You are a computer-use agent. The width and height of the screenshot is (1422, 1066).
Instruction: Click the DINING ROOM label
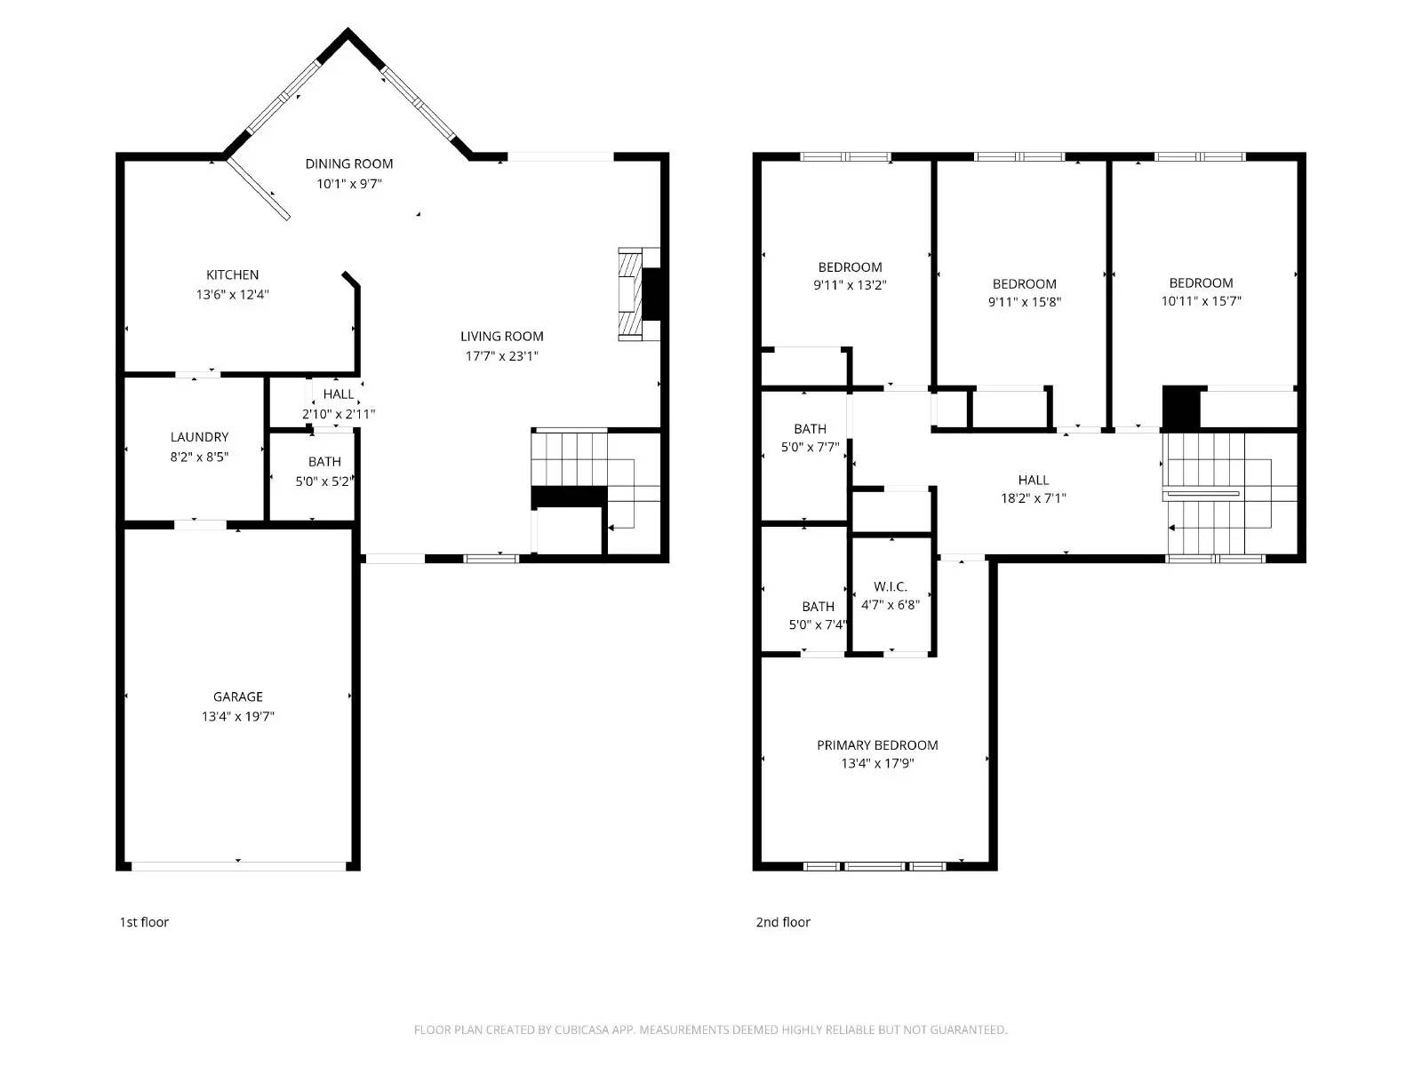[348, 163]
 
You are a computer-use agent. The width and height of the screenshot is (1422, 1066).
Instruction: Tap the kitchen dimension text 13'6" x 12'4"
[232, 294]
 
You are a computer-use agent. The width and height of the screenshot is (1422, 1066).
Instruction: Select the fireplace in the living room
[638, 294]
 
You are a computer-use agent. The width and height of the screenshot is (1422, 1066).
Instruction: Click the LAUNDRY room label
[199, 437]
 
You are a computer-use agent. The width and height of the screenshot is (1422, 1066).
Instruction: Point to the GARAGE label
[237, 696]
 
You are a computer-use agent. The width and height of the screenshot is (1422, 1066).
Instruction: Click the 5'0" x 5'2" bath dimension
[324, 481]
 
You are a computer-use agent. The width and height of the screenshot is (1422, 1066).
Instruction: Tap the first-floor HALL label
[339, 394]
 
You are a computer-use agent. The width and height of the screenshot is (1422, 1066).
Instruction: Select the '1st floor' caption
[144, 922]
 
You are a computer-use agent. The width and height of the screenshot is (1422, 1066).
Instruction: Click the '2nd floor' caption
[783, 922]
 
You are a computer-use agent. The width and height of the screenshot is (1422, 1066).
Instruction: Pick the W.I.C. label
[890, 586]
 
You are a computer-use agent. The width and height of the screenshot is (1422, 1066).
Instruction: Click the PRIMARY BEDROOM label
[877, 745]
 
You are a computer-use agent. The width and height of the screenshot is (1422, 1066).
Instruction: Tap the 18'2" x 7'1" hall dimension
[1033, 498]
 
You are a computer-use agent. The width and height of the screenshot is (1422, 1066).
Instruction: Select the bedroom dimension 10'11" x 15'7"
[1201, 301]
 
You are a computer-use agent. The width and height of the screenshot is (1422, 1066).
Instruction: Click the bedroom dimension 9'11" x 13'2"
[850, 285]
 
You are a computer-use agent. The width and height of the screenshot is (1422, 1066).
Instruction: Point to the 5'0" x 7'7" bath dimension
[810, 447]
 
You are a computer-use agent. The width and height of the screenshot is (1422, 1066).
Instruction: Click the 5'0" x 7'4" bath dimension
[818, 624]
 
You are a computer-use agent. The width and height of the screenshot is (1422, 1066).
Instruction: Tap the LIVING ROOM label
[501, 336]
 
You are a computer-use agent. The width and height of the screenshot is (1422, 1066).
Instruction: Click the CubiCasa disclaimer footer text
[710, 1030]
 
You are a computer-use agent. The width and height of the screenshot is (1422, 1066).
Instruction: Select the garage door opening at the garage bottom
[238, 864]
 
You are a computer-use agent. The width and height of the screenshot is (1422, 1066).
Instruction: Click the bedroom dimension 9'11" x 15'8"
[1024, 302]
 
